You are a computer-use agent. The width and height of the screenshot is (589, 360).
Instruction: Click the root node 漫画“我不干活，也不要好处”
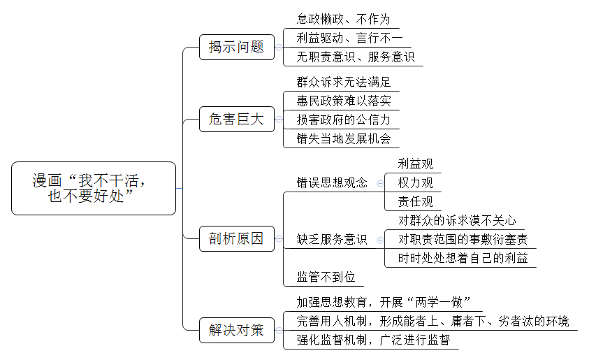[x=94, y=188]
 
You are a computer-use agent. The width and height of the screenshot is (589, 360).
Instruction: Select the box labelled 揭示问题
[x=237, y=48]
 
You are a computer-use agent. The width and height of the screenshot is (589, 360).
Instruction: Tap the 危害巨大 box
[x=237, y=119]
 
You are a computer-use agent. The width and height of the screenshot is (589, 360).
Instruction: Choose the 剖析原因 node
[x=237, y=238]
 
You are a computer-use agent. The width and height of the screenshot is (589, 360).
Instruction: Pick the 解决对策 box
[x=237, y=331]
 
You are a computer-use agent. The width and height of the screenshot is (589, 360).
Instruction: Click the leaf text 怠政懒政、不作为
[x=343, y=19]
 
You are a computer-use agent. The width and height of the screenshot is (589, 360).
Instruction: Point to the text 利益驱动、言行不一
[x=349, y=38]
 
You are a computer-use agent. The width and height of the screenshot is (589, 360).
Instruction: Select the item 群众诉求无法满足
[x=343, y=82]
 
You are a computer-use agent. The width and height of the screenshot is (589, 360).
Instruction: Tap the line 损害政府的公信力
[x=343, y=120]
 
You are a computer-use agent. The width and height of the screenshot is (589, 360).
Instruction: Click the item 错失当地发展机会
[x=343, y=138]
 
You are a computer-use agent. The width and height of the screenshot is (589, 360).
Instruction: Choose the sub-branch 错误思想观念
[x=332, y=182]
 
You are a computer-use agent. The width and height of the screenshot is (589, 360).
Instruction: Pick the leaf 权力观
[x=415, y=182]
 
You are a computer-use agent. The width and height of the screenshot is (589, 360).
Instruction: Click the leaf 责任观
[x=415, y=202]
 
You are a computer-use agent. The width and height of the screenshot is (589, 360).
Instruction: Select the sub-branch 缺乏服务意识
[x=332, y=239]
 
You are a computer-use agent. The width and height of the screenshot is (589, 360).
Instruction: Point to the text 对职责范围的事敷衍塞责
[x=463, y=239]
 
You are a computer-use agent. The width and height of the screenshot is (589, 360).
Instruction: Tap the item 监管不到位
[x=326, y=278]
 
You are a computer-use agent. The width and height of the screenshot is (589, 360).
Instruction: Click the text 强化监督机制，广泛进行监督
[x=373, y=340]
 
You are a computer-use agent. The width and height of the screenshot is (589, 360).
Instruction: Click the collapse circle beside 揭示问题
[x=279, y=48]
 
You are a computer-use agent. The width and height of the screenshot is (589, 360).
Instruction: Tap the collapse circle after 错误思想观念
[x=380, y=183]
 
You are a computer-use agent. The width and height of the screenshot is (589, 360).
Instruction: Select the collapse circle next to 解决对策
[x=279, y=331]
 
